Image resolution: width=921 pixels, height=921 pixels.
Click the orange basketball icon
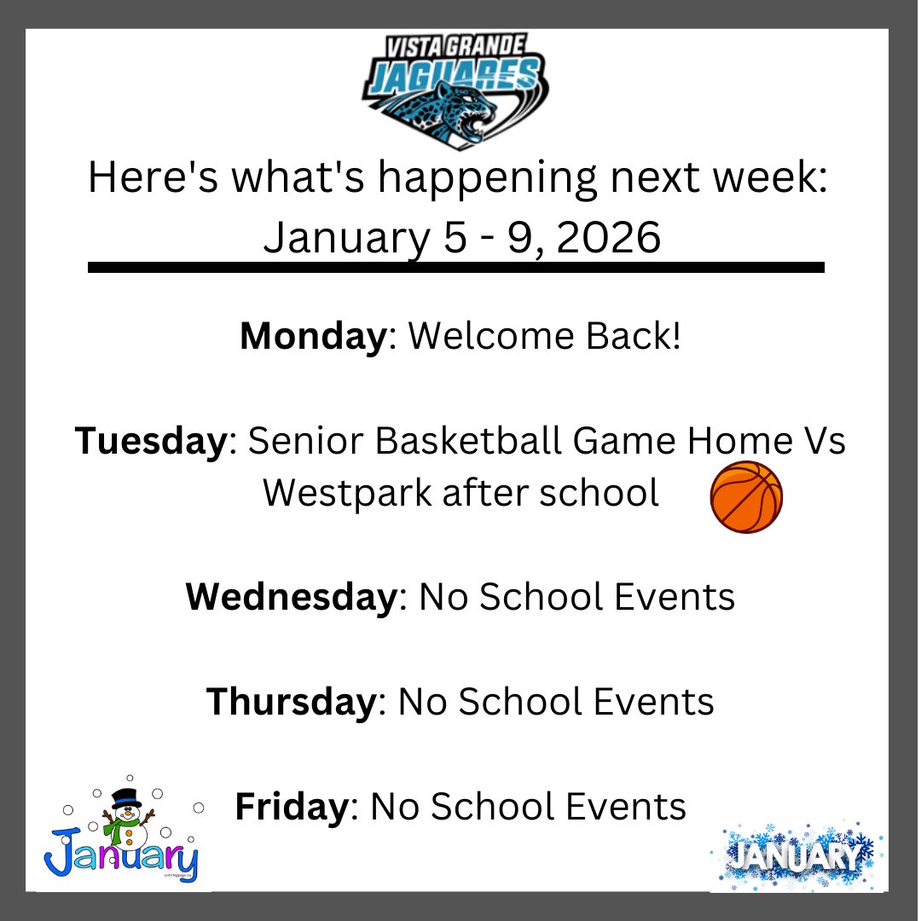click(746, 497)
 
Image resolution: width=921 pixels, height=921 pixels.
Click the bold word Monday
click(313, 337)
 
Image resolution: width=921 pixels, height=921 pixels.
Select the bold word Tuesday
click(151, 442)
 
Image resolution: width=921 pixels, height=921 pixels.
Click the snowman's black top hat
click(127, 796)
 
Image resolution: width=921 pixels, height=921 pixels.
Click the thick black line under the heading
click(456, 268)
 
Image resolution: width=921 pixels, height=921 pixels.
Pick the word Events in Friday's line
click(628, 806)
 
